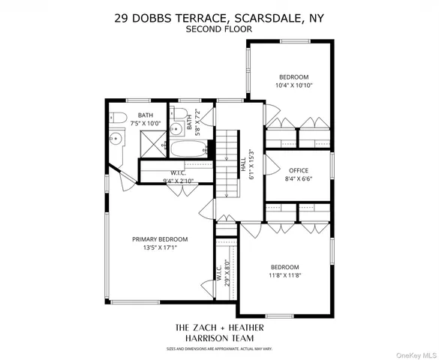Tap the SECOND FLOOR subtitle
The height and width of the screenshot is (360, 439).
[219, 29]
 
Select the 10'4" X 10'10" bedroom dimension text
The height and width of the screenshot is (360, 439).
[294, 85]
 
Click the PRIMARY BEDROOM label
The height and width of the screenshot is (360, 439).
[160, 239]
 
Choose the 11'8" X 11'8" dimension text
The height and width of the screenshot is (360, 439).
[284, 275]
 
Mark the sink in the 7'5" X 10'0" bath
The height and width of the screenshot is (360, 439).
[116, 139]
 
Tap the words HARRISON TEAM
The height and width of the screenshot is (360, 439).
[219, 338]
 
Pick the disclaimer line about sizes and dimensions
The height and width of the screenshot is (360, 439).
[219, 349]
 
